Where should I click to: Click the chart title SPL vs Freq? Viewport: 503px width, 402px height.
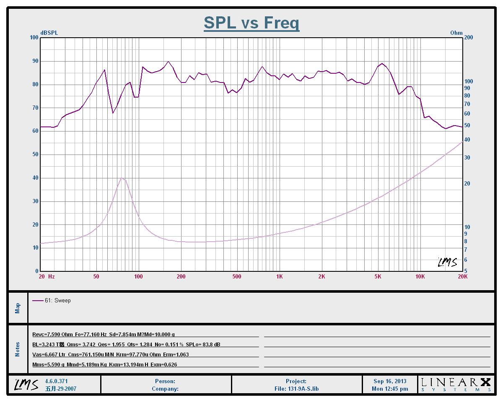tap(251, 23)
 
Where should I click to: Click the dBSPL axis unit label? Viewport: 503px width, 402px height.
tap(49, 33)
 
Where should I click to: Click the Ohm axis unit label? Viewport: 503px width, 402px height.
tap(456, 33)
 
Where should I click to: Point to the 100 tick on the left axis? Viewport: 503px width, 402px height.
tap(34, 38)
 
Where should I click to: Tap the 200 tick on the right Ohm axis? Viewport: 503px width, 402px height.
tap(469, 38)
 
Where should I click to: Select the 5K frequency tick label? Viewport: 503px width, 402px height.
tap(378, 276)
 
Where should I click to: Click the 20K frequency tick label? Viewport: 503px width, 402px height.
tap(462, 276)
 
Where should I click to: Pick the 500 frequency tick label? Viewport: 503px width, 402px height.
tap(237, 276)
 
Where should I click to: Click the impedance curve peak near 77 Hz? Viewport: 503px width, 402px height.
tap(122, 178)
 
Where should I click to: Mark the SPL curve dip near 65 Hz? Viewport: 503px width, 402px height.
tap(113, 113)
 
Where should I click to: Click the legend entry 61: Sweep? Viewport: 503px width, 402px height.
tap(57, 300)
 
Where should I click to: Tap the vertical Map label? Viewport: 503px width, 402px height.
tap(18, 308)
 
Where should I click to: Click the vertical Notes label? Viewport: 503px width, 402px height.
tap(18, 349)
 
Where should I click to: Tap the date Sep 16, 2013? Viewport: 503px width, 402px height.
tap(390, 381)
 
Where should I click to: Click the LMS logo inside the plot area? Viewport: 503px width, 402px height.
tap(447, 262)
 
